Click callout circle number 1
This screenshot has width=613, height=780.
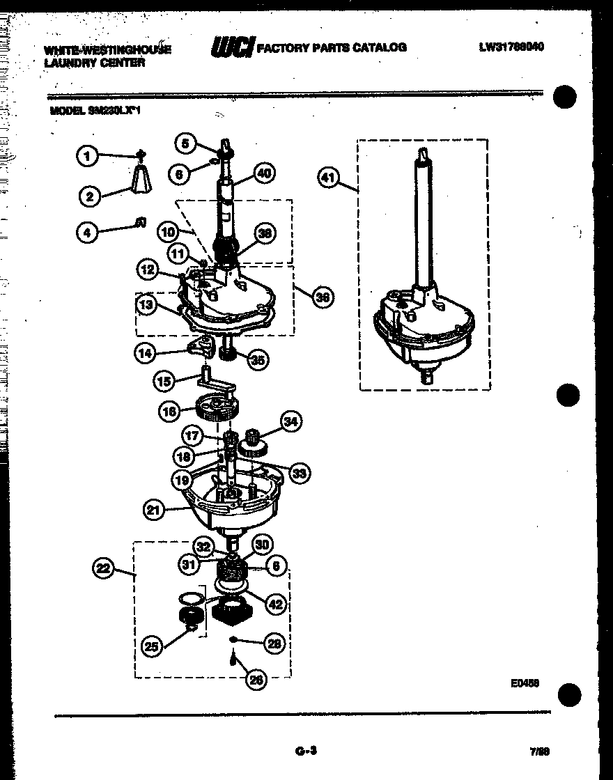pos(88,155)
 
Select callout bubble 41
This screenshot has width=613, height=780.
pos(327,178)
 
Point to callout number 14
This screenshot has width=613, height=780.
pos(145,353)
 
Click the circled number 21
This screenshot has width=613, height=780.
pos(154,510)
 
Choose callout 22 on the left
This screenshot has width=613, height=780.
pos(103,570)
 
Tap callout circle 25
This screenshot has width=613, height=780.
pos(151,646)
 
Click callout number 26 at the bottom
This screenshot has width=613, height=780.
pos(256,680)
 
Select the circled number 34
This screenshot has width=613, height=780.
pos(290,421)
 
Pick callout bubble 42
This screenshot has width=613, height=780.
pos(276,604)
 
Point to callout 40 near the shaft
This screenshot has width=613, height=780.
pos(264,173)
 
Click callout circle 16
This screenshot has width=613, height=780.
pos(169,412)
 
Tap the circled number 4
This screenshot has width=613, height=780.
pos(87,233)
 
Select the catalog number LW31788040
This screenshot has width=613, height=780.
pos(511,47)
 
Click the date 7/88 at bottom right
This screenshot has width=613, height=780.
pos(540,752)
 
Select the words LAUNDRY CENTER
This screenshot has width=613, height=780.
pos(95,63)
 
